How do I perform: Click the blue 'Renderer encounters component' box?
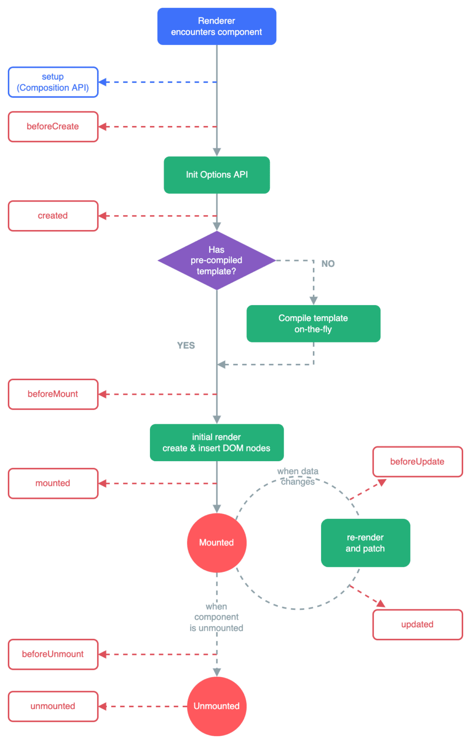(216, 27)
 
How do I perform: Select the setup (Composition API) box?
(53, 82)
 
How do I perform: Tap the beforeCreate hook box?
(53, 126)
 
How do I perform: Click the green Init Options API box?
(216, 175)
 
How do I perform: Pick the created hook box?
(53, 216)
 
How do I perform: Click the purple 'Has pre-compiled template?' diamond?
(216, 261)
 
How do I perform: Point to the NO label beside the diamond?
(328, 263)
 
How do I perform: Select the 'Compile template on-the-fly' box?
(313, 324)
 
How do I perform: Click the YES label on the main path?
(186, 345)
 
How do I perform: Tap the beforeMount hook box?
(53, 394)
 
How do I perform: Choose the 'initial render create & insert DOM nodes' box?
(216, 443)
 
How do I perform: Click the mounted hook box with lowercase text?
(53, 483)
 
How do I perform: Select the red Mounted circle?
(216, 542)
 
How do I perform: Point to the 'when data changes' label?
(298, 477)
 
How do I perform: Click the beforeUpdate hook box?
(417, 462)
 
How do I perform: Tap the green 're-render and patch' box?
(365, 543)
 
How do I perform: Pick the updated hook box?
(417, 625)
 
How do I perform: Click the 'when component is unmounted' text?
(216, 618)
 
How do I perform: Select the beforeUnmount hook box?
(53, 654)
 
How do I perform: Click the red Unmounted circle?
(216, 706)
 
